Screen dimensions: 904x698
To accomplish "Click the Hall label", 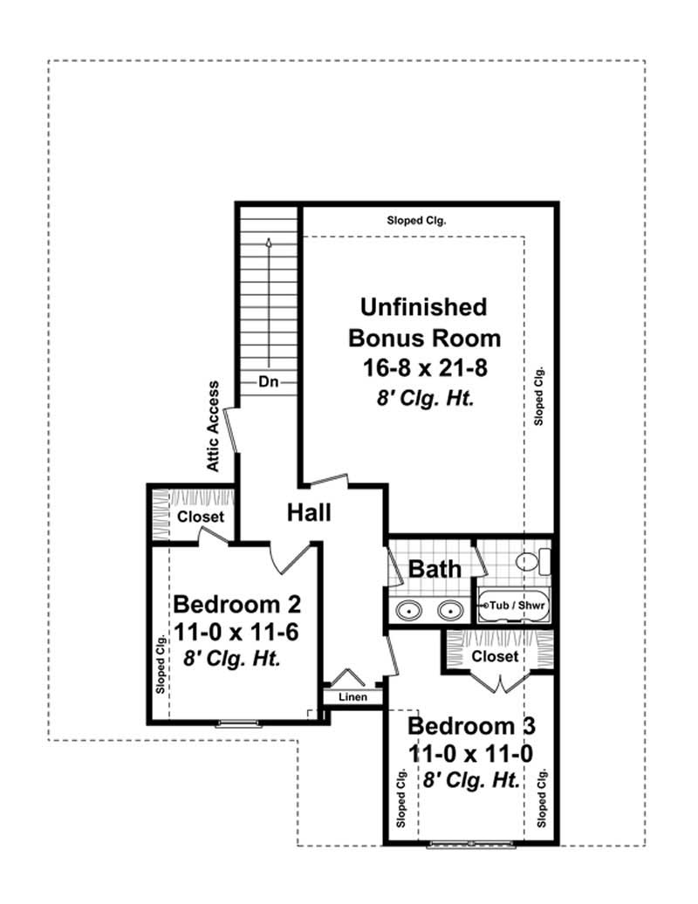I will click(x=310, y=513).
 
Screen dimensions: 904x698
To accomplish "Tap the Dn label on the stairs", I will click(x=269, y=381).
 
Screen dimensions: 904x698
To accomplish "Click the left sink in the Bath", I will click(x=407, y=610).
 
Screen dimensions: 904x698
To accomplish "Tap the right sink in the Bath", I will click(x=451, y=610).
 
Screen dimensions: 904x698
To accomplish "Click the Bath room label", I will click(x=435, y=570).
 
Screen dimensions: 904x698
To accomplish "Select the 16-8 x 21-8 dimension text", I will click(x=424, y=368).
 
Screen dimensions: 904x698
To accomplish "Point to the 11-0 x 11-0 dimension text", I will click(x=471, y=753).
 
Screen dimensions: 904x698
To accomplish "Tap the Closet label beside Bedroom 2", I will click(x=201, y=517).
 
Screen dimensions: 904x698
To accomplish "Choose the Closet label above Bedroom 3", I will click(x=495, y=655).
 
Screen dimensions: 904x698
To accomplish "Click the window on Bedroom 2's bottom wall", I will click(x=237, y=722).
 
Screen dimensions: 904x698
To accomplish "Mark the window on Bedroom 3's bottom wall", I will click(x=471, y=845).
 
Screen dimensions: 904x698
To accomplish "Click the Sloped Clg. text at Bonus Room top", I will click(x=416, y=221).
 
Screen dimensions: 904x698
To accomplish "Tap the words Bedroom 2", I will click(x=237, y=604).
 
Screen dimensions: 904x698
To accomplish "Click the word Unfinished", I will click(x=424, y=307).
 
